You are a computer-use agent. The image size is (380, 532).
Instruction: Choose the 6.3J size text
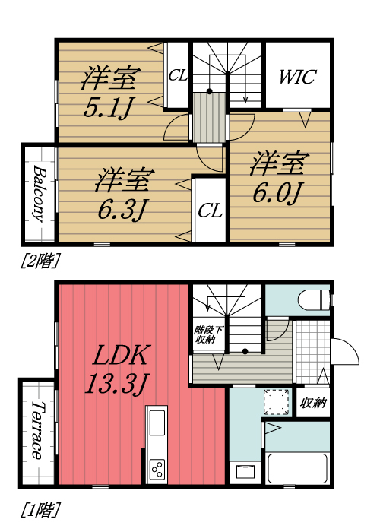click(x=122, y=207)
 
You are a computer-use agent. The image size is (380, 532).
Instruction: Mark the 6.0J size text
click(x=278, y=192)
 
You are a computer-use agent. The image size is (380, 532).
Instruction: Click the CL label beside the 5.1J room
click(x=177, y=75)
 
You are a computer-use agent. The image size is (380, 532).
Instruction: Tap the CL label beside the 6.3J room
click(x=209, y=211)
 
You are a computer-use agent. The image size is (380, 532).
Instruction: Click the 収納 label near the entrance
click(x=314, y=402)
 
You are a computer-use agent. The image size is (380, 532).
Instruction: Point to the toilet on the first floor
click(x=314, y=299)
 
